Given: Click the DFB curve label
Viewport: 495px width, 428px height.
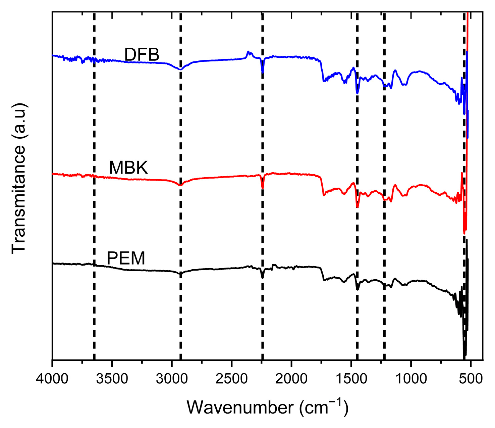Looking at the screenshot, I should point(142,55).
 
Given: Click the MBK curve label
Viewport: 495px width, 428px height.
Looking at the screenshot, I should point(128,168).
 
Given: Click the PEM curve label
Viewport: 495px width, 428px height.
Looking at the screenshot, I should point(126,258).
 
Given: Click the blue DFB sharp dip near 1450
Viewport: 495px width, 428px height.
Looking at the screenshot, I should point(357,93).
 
